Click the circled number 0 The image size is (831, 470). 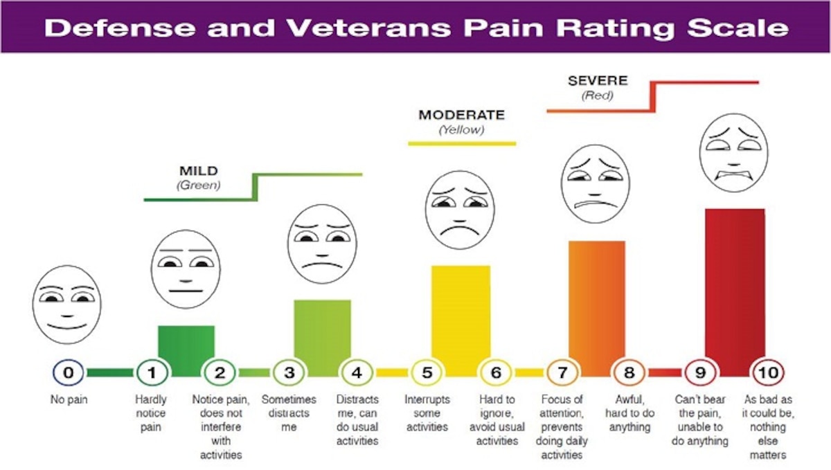(x=68, y=374)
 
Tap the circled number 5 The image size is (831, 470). (x=427, y=374)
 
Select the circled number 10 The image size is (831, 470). (x=770, y=374)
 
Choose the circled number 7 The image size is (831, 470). (x=562, y=374)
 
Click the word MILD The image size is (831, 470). (x=198, y=170)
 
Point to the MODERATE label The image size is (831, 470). (x=461, y=115)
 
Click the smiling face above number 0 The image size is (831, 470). (x=66, y=305)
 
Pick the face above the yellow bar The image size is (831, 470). (x=460, y=210)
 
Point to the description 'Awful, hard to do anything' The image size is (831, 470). (x=629, y=413)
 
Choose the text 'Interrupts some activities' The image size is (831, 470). (x=427, y=413)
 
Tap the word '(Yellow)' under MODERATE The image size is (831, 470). (x=461, y=129)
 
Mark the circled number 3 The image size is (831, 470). (x=289, y=374)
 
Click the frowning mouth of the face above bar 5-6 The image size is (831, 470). (x=460, y=228)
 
